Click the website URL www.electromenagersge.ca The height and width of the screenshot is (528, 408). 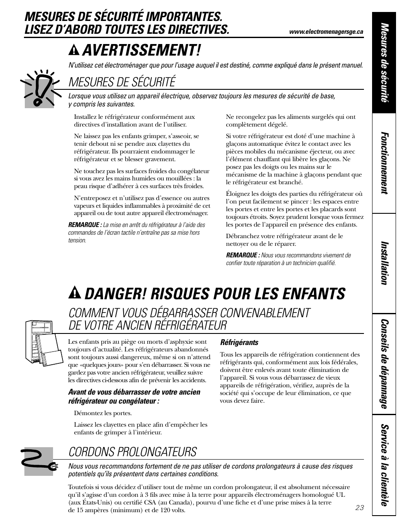tap(326, 32)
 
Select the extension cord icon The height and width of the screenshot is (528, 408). tap(39, 461)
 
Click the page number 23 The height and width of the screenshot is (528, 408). tap(359, 507)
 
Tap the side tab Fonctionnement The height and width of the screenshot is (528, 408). tap(384, 163)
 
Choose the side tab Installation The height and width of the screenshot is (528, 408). tap(384, 263)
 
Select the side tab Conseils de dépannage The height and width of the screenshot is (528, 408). tap(384, 364)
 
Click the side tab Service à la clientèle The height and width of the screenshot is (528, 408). tap(384, 465)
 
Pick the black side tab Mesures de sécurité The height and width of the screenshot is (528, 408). tap(384, 63)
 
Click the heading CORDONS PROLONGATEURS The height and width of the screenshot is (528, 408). tap(133, 452)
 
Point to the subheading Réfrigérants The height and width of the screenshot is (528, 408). tap(239, 342)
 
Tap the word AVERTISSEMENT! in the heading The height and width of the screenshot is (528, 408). tap(141, 51)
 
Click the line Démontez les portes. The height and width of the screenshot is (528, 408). tap(103, 413)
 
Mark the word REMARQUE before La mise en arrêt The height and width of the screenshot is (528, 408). tap(85, 225)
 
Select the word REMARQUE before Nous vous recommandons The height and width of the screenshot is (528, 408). tap(242, 255)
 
